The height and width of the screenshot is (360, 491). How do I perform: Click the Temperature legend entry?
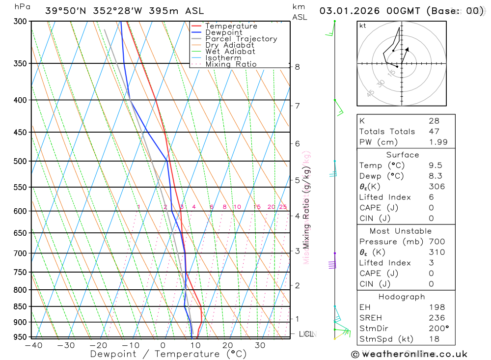point(231,26)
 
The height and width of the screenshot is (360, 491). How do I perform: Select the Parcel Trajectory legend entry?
point(241,39)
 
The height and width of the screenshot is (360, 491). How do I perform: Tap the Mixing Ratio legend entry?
point(231,64)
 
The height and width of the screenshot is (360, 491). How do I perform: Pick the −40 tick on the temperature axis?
point(33,345)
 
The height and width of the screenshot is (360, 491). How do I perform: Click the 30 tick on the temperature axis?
point(260,345)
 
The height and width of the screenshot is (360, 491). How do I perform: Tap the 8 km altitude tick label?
point(298,67)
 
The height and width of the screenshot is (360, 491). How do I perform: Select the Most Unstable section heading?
point(401,231)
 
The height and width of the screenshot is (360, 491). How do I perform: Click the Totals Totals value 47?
point(434,132)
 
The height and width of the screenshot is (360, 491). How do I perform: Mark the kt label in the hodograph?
point(363,26)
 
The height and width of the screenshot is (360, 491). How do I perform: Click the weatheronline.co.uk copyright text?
point(409,354)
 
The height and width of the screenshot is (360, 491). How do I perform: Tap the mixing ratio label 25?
point(283,207)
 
